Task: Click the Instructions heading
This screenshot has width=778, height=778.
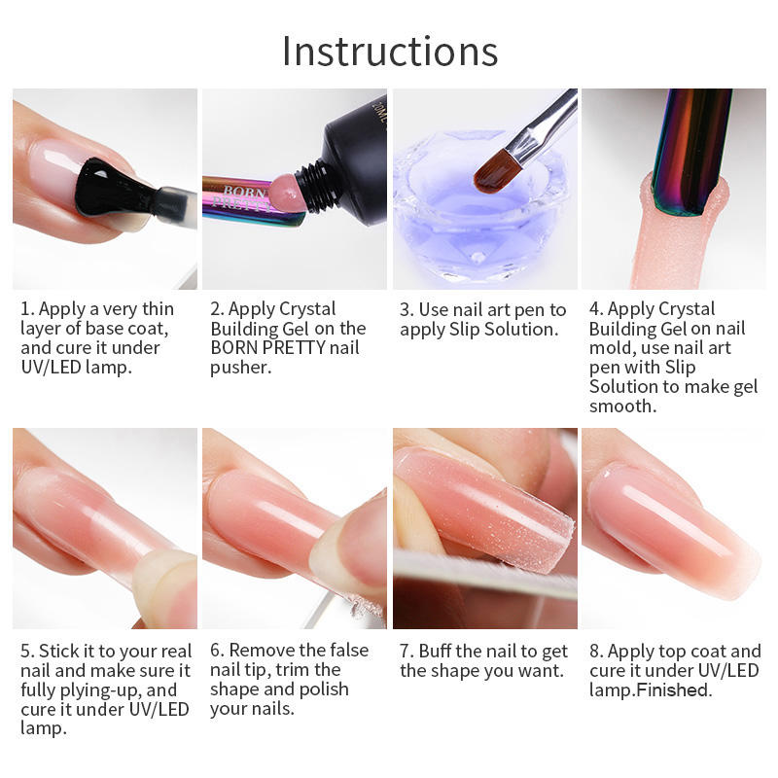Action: coord(390,52)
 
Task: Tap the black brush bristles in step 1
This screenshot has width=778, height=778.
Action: coord(112,188)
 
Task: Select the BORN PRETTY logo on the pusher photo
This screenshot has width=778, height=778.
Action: coord(241,197)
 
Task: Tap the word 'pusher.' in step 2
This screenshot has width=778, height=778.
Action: coord(241,369)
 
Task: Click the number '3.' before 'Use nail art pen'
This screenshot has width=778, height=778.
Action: coord(407,309)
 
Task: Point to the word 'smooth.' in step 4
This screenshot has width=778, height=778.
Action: coord(623,406)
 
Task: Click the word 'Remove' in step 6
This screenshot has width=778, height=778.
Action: coord(262,650)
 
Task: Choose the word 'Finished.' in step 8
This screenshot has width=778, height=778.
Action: coord(674,690)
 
